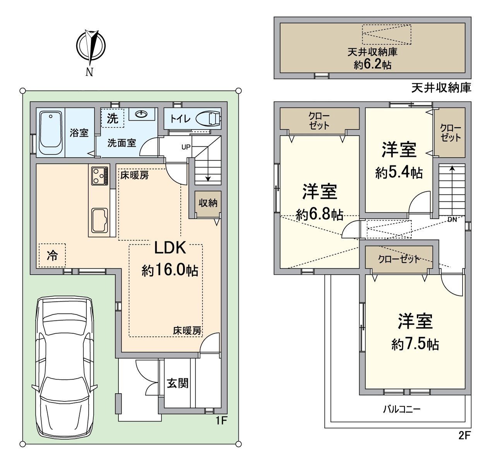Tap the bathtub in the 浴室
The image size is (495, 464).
(x=51, y=133)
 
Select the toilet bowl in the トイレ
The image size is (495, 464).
(x=208, y=119)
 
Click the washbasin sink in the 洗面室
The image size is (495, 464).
(x=141, y=114)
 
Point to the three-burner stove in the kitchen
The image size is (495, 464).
(x=100, y=176)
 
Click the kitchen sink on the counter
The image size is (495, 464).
(x=100, y=220)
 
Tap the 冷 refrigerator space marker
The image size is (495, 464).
(x=52, y=255)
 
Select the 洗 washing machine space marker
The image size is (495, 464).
(x=112, y=118)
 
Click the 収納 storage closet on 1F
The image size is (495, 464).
(x=208, y=203)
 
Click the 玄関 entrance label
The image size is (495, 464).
(x=178, y=384)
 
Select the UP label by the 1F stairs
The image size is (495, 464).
(x=186, y=147)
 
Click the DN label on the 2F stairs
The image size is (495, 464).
(x=452, y=219)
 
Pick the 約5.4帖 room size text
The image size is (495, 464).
(x=399, y=172)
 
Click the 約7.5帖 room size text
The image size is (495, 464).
(x=415, y=345)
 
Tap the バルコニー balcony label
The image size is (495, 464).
(x=402, y=409)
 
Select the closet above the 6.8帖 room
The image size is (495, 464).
(x=320, y=119)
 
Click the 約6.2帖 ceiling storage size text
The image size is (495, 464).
(x=373, y=65)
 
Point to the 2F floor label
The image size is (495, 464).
(x=464, y=435)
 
